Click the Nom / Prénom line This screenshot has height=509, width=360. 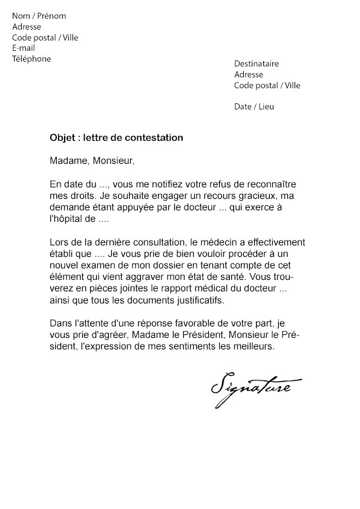point(39,16)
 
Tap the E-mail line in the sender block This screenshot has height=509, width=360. point(24,48)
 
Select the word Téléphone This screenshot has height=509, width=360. point(31,59)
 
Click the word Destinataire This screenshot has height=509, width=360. point(257,64)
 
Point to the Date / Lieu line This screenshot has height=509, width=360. point(254,106)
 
